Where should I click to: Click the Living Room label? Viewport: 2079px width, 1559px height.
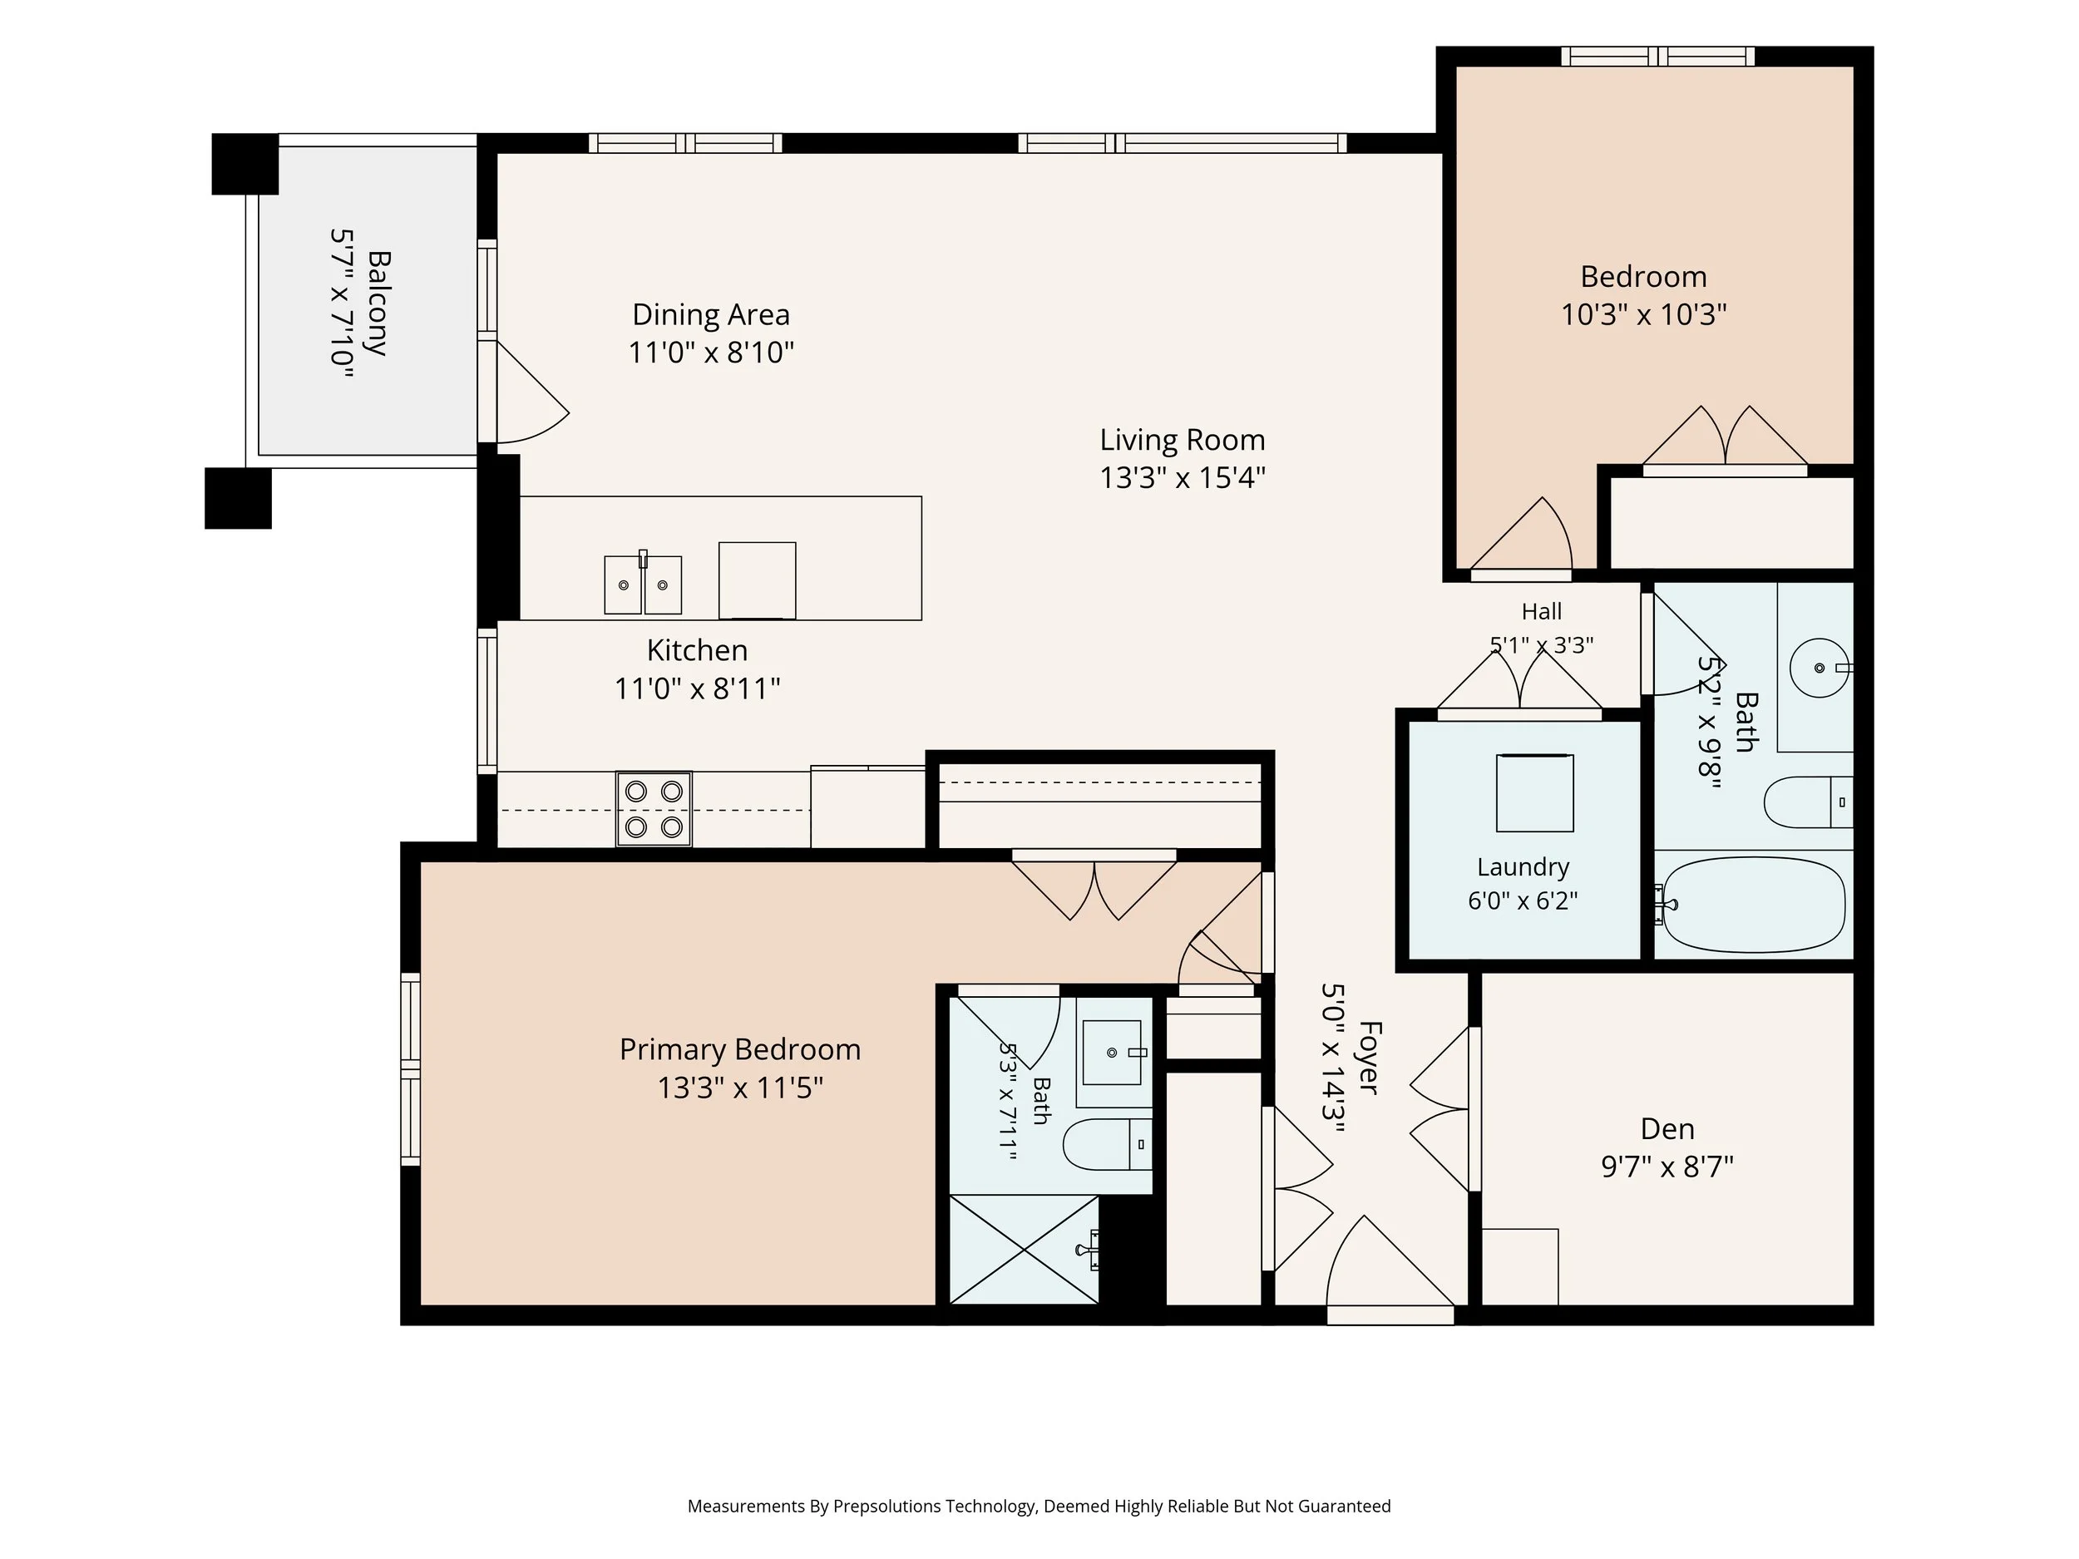click(1183, 440)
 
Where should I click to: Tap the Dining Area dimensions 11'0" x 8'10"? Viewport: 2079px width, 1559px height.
click(712, 353)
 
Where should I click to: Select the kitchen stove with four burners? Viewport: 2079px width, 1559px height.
click(654, 809)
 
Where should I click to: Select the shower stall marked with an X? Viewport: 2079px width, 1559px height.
click(1025, 1250)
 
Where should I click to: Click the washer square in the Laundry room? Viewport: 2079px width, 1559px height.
click(1535, 793)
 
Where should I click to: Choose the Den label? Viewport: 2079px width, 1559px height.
click(1667, 1128)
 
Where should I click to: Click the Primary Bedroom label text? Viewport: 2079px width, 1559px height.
click(741, 1049)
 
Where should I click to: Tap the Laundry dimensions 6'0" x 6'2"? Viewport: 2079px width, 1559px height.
click(1523, 900)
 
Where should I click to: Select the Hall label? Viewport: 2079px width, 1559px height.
click(1542, 612)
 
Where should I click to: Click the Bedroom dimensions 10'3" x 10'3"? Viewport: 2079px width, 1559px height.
click(1644, 315)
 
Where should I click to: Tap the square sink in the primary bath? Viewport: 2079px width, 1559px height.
click(1113, 1053)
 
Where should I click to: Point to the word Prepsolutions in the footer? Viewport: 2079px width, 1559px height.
click(887, 1507)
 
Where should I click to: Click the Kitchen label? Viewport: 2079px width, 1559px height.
click(698, 650)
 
